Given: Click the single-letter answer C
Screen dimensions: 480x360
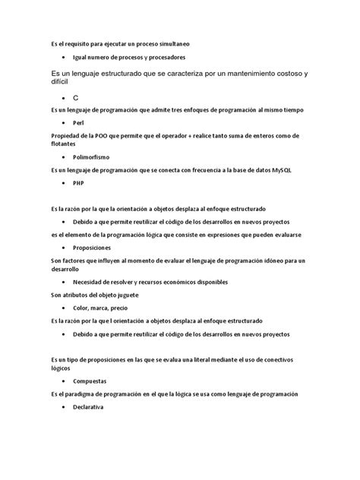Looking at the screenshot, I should click(76, 99).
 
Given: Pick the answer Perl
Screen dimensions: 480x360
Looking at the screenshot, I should click(79, 122).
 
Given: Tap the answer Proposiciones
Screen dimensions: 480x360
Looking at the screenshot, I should click(92, 248).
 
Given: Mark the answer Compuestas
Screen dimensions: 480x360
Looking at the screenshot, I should click(90, 381).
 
